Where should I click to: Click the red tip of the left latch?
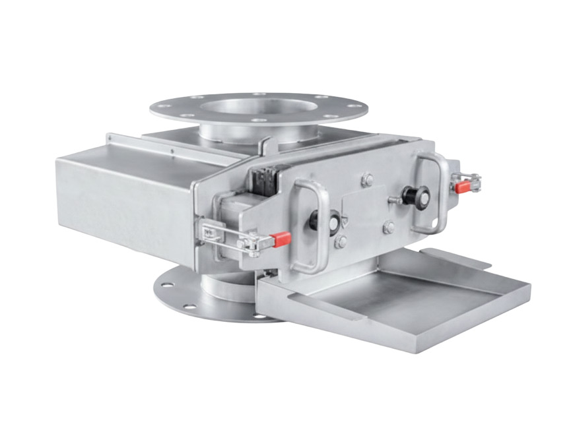click(x=281, y=238)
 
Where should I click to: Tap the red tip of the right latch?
click(x=463, y=187)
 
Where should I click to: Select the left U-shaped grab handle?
click(x=310, y=224)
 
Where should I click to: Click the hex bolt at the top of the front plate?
click(x=367, y=179)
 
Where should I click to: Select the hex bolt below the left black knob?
click(x=341, y=242)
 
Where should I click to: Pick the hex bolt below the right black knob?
click(x=389, y=227)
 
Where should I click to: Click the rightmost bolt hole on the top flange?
click(x=357, y=106)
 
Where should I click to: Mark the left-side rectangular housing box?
click(x=119, y=191)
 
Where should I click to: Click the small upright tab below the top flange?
click(x=265, y=146)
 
